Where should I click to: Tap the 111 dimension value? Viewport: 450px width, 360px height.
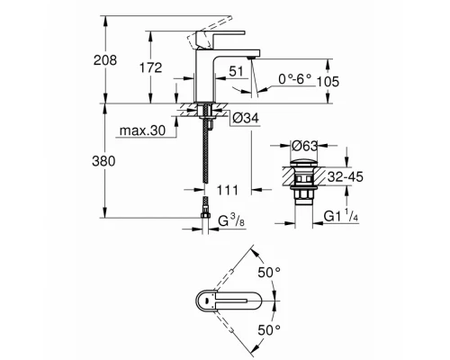click(x=226, y=190)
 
